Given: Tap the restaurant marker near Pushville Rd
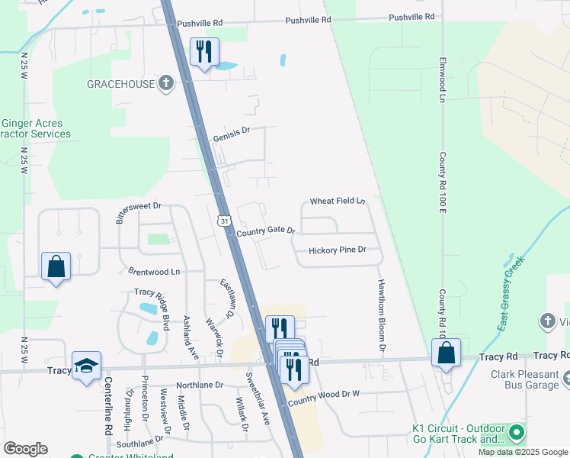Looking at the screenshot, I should [x=204, y=52].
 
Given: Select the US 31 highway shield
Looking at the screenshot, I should [x=223, y=221].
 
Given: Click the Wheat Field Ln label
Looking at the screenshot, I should [x=338, y=202].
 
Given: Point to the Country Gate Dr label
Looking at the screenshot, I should [x=265, y=231].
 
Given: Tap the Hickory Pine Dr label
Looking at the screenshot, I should [x=338, y=250].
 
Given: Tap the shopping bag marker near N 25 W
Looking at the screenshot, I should [x=56, y=266].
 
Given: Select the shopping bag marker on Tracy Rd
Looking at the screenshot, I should [x=446, y=353].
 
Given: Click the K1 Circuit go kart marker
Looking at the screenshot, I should [x=517, y=434].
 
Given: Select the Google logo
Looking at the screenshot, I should [x=25, y=449].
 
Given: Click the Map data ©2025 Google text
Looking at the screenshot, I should [x=522, y=452].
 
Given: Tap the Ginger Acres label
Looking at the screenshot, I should [x=32, y=123].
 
